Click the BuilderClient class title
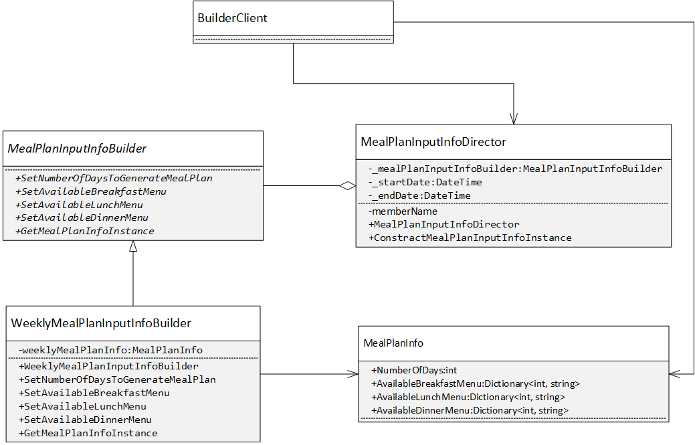[232, 18]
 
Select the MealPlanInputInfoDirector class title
[433, 142]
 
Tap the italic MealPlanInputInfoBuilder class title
[77, 149]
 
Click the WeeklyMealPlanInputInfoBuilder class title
[101, 323]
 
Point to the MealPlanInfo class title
[393, 343]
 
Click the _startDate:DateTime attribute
[425, 182]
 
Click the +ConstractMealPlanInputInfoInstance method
[470, 238]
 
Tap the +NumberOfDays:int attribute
[413, 370]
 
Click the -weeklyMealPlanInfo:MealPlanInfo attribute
[110, 350]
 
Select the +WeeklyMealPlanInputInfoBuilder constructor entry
[108, 366]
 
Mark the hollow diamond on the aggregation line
[346, 186]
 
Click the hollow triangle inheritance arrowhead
[133, 246]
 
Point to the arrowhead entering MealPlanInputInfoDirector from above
[513, 118]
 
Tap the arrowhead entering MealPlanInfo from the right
[675, 374]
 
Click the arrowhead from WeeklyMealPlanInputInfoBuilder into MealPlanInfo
[353, 374]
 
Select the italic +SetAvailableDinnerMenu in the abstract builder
[81, 217]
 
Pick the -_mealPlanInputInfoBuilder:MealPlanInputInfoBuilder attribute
[515, 169]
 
